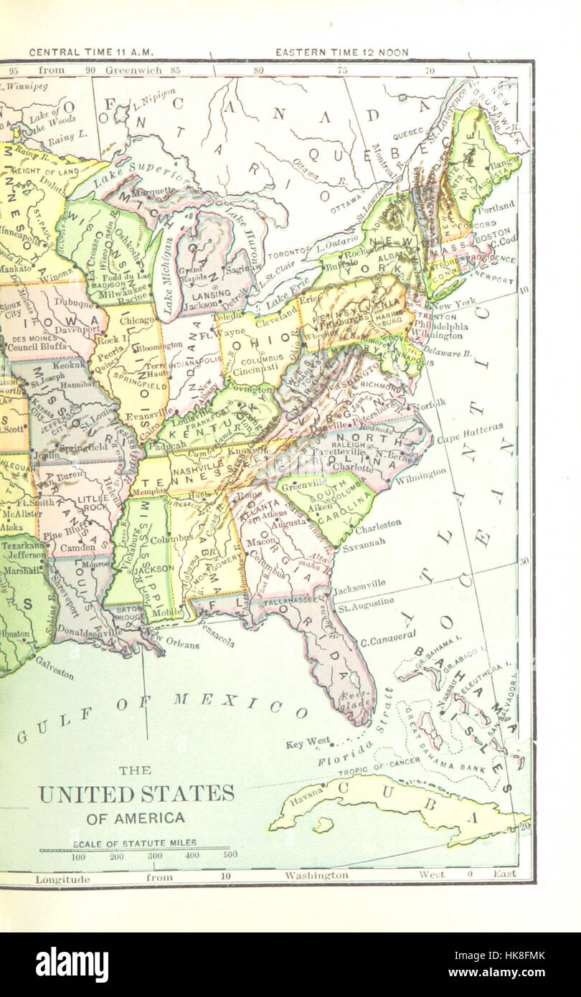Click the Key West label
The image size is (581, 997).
(x=308, y=742)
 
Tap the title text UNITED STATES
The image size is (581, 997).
(x=136, y=794)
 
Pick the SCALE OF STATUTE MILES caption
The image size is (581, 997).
(x=134, y=843)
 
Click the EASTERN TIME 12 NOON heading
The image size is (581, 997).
(x=342, y=52)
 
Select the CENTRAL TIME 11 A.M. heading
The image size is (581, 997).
(x=91, y=52)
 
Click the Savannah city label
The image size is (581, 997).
(x=363, y=540)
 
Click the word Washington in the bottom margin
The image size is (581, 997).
(x=316, y=875)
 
